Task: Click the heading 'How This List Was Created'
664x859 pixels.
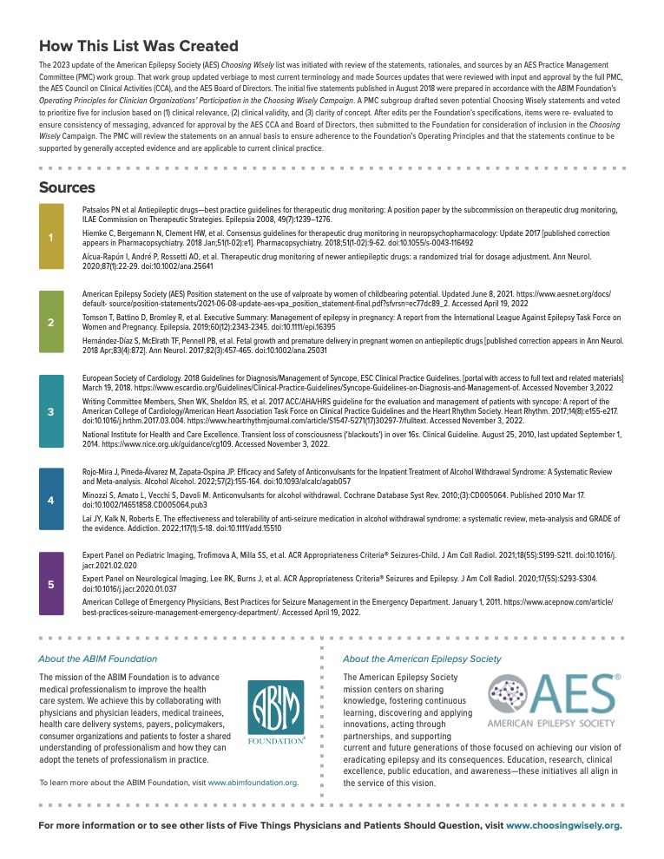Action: [139, 46]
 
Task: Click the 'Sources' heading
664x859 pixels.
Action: [67, 187]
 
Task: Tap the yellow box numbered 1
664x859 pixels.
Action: [51, 237]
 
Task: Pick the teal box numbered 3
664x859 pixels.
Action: [51, 411]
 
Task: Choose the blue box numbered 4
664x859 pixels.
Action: [51, 500]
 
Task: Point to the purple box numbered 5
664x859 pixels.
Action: [51, 584]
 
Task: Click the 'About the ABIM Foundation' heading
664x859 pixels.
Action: [98, 659]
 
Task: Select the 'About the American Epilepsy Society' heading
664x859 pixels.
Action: [422, 659]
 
